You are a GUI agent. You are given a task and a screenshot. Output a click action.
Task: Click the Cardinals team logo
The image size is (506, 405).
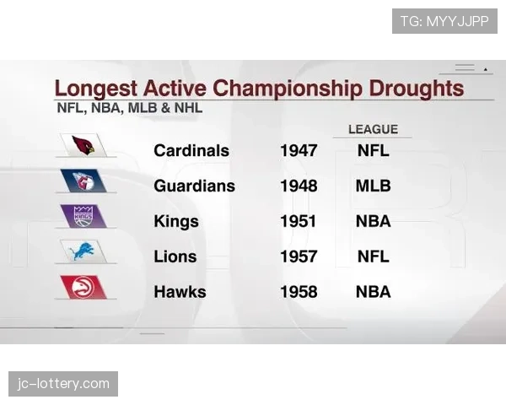pyautogui.click(x=83, y=145)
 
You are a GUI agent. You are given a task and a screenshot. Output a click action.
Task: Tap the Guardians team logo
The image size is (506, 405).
pyautogui.click(x=83, y=181)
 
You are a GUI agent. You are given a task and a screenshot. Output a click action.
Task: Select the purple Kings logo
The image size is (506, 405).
pyautogui.click(x=83, y=216)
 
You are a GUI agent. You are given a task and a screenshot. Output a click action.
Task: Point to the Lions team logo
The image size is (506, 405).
pyautogui.click(x=83, y=251)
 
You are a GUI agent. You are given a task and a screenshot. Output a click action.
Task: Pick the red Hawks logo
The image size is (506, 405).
pyautogui.click(x=83, y=287)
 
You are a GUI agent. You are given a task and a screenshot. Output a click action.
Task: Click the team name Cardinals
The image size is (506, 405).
pyautogui.click(x=191, y=151)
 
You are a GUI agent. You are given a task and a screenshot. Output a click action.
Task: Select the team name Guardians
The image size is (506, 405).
pyautogui.click(x=194, y=186)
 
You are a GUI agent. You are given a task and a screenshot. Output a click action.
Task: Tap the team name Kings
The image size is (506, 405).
pyautogui.click(x=176, y=222)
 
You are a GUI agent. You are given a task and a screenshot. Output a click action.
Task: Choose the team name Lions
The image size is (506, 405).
pyautogui.click(x=175, y=257)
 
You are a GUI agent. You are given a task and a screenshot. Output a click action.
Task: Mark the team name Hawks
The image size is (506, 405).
pyautogui.click(x=180, y=293)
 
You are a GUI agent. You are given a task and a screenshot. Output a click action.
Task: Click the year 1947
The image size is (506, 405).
pyautogui.click(x=299, y=151)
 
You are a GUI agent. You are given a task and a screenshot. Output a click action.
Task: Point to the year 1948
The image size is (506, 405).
pyautogui.click(x=299, y=186)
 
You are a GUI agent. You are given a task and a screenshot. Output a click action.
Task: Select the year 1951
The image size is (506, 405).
pyautogui.click(x=299, y=222)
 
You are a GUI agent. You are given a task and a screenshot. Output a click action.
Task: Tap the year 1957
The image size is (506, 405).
pyautogui.click(x=299, y=257)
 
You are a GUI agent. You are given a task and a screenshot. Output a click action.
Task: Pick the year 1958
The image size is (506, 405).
pyautogui.click(x=299, y=293)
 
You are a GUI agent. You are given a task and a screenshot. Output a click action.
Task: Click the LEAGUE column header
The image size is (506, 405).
pyautogui.click(x=373, y=129)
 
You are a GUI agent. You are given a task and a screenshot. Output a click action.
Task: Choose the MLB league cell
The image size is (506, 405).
pyautogui.click(x=374, y=186)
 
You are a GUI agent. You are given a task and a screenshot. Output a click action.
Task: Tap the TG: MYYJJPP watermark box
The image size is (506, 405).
pyautogui.click(x=444, y=21)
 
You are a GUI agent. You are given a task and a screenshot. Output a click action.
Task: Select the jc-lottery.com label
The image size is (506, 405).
pyautogui.click(x=64, y=384)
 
